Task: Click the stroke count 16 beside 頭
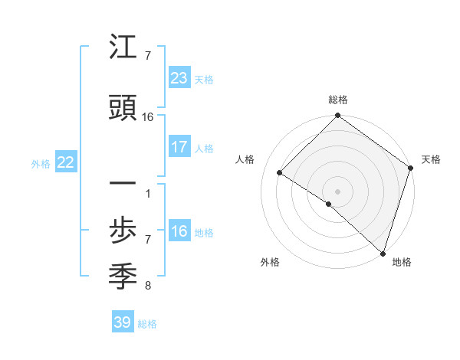(148, 117)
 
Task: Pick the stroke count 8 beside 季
(148, 286)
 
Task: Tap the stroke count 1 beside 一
(148, 192)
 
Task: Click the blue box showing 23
(179, 77)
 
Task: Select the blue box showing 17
(179, 146)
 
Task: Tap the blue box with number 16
(179, 231)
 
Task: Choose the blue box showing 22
(65, 162)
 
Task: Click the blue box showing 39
(122, 322)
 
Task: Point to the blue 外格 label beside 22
(41, 163)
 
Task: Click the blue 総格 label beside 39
(148, 324)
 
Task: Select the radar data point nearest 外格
(329, 204)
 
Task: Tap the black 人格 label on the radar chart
(245, 159)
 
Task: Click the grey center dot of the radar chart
(337, 191)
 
